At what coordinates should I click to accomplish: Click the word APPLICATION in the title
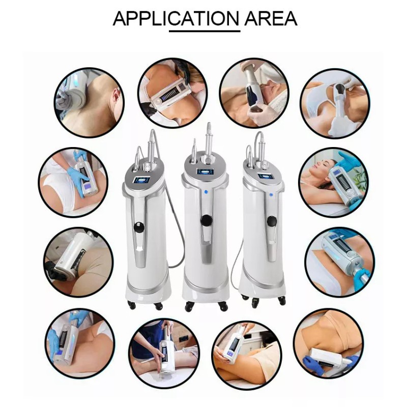[176, 18]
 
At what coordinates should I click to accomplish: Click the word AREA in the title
[271, 18]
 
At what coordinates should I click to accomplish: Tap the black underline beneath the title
[205, 31]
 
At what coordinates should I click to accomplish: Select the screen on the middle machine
[205, 171]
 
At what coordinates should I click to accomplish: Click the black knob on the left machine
[139, 227]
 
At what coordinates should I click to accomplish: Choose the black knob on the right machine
[272, 221]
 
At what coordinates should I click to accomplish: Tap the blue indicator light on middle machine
[206, 192]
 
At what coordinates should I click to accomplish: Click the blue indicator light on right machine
[271, 194]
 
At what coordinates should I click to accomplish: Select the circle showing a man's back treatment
[90, 103]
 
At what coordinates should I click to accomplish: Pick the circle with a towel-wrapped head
[254, 93]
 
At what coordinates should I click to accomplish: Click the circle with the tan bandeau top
[329, 343]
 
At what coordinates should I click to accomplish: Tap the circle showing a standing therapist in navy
[164, 354]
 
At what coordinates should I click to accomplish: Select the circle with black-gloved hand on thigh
[78, 262]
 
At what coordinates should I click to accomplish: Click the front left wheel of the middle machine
[189, 307]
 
